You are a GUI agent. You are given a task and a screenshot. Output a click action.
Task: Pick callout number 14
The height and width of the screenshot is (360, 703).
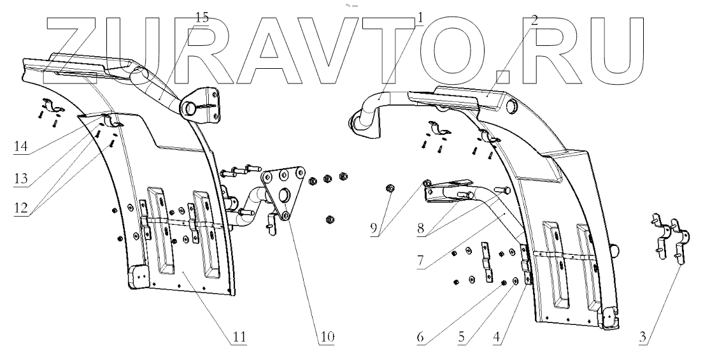(21, 147)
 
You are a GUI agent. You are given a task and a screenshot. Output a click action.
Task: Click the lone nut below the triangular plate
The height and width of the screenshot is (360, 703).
(330, 220)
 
